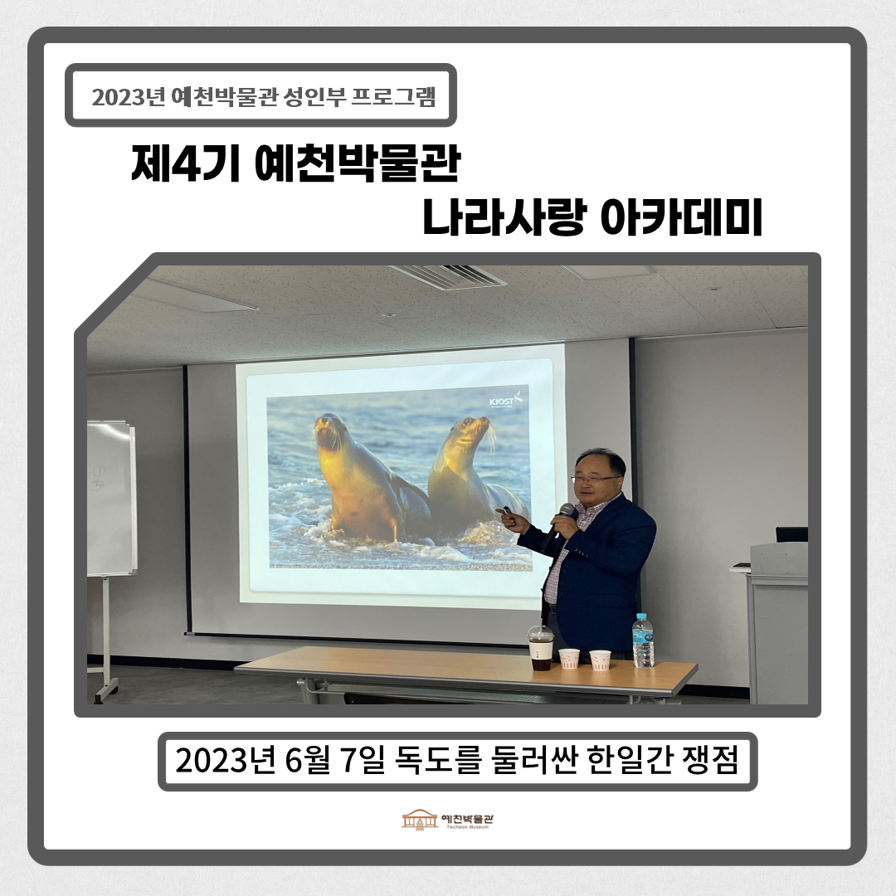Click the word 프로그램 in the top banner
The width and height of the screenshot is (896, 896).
coord(393,97)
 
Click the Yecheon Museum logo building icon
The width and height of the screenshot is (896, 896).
coord(420,820)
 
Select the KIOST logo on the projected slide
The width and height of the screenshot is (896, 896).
coord(505,399)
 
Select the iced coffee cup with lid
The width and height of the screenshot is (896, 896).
coord(541,648)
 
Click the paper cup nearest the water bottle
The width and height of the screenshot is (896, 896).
coord(600,660)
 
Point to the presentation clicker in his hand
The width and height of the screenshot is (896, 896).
coord(504,510)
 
